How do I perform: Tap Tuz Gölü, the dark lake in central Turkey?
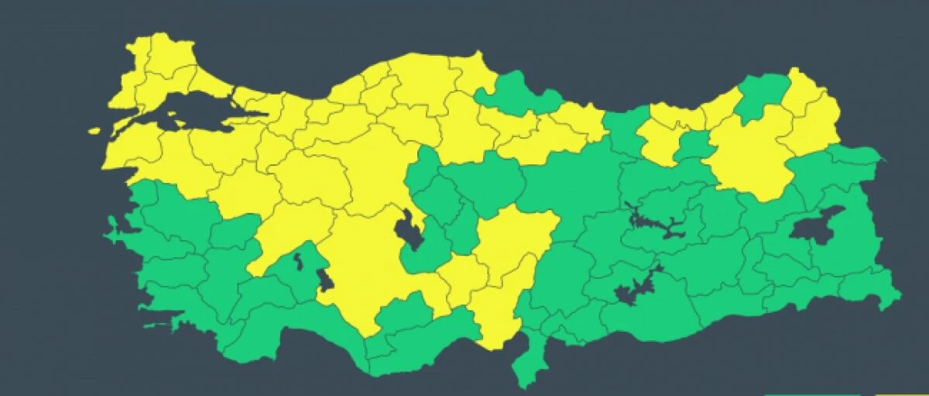(409, 231)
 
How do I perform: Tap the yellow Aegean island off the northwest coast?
(94, 131)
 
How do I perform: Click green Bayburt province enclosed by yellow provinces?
(694, 144)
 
